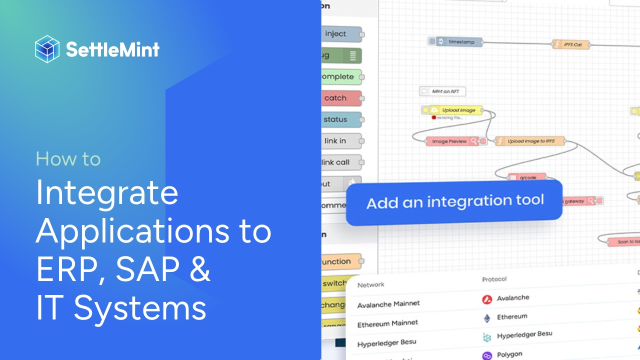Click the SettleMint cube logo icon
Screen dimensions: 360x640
(47, 49)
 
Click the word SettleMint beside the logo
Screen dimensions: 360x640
(112, 49)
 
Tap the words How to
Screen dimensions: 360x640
(68, 159)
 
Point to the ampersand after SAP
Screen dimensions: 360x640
(200, 269)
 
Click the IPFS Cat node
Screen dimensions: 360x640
(571, 44)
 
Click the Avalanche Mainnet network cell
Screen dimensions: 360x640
(388, 303)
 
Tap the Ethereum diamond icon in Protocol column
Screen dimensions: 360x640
(486, 318)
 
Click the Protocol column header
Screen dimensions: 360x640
(494, 279)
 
